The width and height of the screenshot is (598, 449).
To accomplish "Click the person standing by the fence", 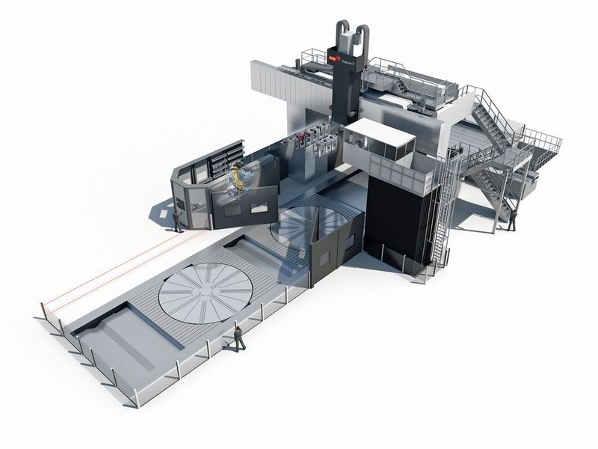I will (x=239, y=338).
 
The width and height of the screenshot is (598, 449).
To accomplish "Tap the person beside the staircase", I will (x=512, y=218).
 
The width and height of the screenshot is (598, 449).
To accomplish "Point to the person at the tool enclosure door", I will (x=176, y=219).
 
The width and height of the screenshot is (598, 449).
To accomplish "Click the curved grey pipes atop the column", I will (x=351, y=34).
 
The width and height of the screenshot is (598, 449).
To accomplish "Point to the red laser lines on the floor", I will (x=112, y=269).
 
